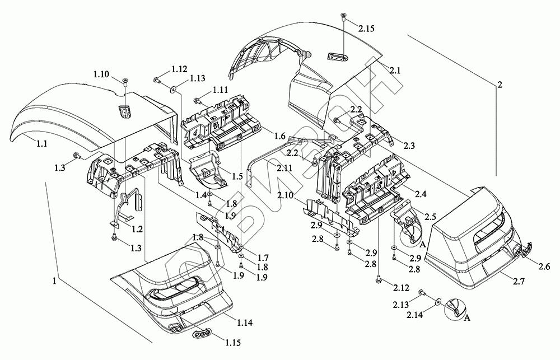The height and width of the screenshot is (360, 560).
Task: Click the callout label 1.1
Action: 43,144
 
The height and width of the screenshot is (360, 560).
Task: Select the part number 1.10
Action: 102,74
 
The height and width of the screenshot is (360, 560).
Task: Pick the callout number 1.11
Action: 221,90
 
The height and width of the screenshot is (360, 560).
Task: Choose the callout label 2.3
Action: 409,146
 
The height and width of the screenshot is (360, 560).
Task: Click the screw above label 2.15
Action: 342,19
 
